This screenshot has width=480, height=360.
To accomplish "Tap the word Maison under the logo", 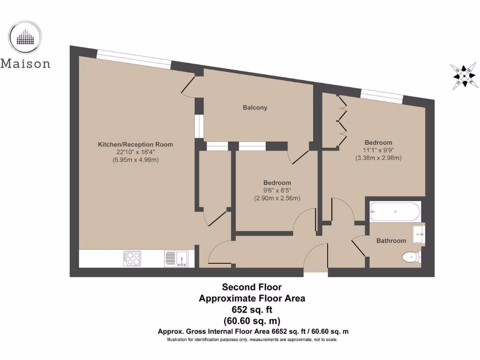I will click(x=25, y=63).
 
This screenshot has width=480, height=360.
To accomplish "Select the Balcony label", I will click(x=255, y=107).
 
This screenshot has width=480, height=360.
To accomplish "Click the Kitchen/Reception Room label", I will click(x=135, y=144).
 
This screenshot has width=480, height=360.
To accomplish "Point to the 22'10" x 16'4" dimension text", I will click(x=135, y=152).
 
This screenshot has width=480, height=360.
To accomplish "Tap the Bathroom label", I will click(x=391, y=240).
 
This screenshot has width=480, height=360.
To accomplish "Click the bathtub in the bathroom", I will click(x=395, y=211).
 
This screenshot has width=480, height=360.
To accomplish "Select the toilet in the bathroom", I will click(x=412, y=256).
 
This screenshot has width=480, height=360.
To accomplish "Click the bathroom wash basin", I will click(x=419, y=233).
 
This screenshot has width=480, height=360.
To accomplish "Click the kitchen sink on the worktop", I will click(x=176, y=258).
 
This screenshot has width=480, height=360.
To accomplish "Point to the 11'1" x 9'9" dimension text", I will click(x=378, y=150).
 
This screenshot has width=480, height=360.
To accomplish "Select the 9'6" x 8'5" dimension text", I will click(x=277, y=190).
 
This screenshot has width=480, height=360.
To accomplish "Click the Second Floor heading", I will click(x=252, y=287).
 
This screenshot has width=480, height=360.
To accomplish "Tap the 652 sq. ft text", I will click(x=252, y=309).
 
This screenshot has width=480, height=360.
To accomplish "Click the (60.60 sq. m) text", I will click(x=252, y=321).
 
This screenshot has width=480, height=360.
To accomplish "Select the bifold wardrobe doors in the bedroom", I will click(x=342, y=121).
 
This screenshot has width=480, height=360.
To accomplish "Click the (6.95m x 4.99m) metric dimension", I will click(x=135, y=160).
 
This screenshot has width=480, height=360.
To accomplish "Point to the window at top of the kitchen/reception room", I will click(x=134, y=59).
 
